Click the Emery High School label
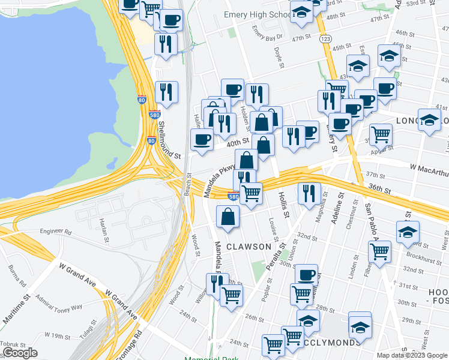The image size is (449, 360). (257, 14)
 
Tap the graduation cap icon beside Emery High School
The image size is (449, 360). (301, 12)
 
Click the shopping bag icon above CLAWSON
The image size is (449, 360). (228, 217)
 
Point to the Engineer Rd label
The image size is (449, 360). (56, 231)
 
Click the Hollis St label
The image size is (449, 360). (283, 205)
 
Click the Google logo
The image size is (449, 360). (20, 353)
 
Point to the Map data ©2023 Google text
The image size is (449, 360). (412, 355)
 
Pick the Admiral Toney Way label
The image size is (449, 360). (59, 302)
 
